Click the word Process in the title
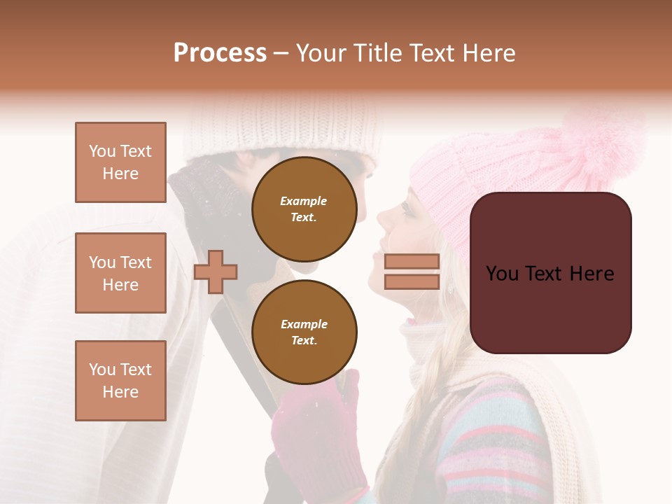[x=220, y=53]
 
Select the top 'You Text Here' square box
[x=120, y=162]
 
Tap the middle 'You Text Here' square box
[x=120, y=273]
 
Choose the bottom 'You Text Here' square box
[x=120, y=380]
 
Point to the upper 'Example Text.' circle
[x=304, y=209]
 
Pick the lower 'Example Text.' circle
[x=304, y=332]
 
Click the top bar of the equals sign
[x=412, y=262]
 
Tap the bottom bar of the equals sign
[x=412, y=281]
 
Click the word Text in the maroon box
[x=550, y=273]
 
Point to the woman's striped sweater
[x=490, y=441]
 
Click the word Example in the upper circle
[x=304, y=201]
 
